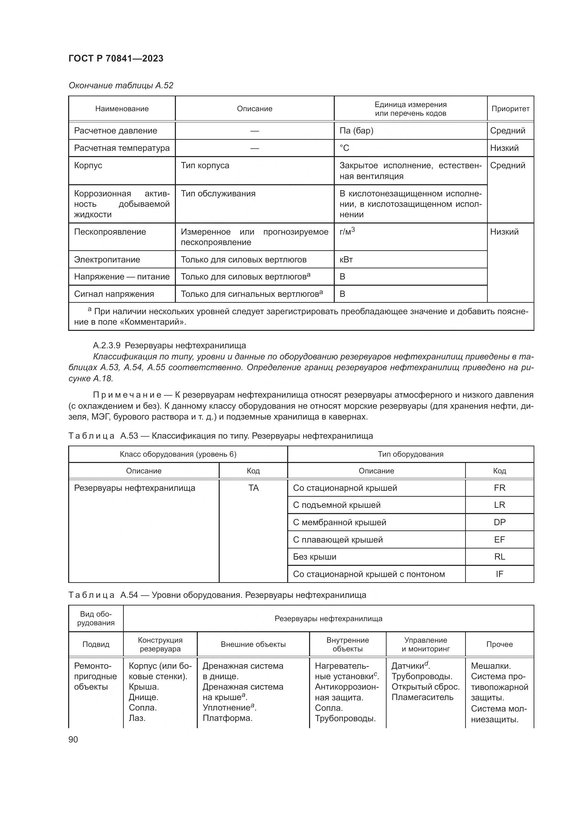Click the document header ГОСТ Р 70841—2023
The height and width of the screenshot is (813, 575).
point(116,58)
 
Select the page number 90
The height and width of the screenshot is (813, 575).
point(73,739)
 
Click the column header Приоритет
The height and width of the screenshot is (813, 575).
point(510,109)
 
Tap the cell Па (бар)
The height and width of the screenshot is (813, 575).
point(356,131)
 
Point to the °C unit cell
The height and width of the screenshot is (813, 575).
point(344,148)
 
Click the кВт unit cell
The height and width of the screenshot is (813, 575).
point(346,260)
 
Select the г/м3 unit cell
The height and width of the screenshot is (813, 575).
point(347,231)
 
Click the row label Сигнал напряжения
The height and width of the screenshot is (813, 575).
point(114,294)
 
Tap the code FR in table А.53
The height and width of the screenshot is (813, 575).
point(499,488)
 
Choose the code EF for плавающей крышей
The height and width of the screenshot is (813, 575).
point(499,540)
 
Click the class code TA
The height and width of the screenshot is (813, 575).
point(253,488)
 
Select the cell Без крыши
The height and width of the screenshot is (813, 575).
point(314,556)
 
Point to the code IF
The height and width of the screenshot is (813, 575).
point(499,574)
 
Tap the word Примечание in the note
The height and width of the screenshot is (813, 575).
point(127,395)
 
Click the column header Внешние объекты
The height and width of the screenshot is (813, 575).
point(253,644)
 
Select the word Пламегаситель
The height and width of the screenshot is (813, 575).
point(422,697)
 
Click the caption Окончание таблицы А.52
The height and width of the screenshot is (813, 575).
point(121,86)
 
